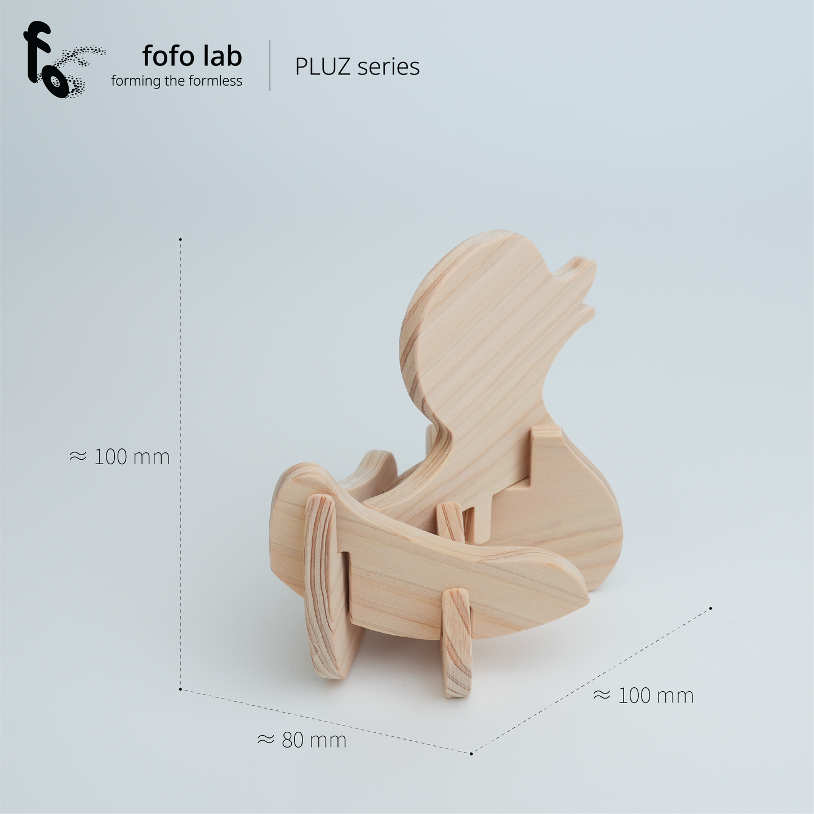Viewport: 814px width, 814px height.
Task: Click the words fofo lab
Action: coord(192,56)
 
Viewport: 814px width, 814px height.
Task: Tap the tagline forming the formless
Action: coord(176,81)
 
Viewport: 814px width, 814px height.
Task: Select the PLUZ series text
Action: coord(357,66)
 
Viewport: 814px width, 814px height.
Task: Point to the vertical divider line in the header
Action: coord(270,65)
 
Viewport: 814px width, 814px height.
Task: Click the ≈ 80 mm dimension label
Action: coord(302,740)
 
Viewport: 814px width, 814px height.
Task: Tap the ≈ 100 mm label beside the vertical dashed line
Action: coord(119,456)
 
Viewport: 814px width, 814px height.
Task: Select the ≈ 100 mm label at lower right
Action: coord(643,695)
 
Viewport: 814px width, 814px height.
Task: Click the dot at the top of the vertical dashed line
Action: coord(180,239)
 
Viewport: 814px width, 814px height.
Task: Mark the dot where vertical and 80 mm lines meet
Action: coord(180,689)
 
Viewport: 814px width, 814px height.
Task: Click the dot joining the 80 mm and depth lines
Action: coord(471,753)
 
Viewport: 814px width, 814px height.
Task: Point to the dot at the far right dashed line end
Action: coord(711,608)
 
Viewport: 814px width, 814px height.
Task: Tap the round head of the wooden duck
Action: coord(479,315)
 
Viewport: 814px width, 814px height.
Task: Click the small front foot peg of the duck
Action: coord(456,642)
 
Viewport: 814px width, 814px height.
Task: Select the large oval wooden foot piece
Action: coord(326,586)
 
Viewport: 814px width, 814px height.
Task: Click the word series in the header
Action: coord(389,66)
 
